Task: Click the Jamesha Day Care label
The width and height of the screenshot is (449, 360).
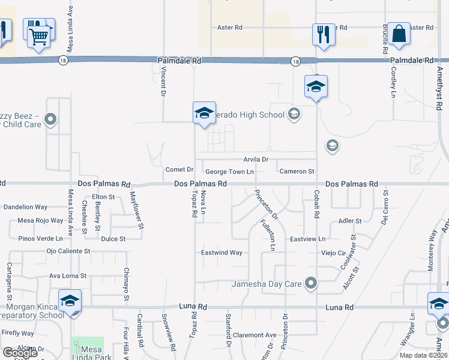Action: (x=266, y=283)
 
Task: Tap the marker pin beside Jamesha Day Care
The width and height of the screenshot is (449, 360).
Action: (x=310, y=283)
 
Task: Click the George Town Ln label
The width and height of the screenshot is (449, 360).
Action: (x=230, y=172)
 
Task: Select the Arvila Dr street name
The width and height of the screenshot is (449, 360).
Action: (x=256, y=160)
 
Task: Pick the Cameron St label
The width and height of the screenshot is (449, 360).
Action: (x=297, y=172)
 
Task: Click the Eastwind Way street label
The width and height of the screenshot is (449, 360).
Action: (x=221, y=253)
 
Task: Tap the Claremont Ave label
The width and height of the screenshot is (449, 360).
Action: (x=255, y=335)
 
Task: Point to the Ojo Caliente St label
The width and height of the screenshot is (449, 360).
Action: (x=68, y=251)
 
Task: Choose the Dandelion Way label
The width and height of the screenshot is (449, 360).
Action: (x=25, y=207)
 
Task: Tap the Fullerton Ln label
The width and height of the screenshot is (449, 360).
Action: (x=267, y=235)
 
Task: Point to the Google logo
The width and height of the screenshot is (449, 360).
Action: (x=19, y=353)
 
